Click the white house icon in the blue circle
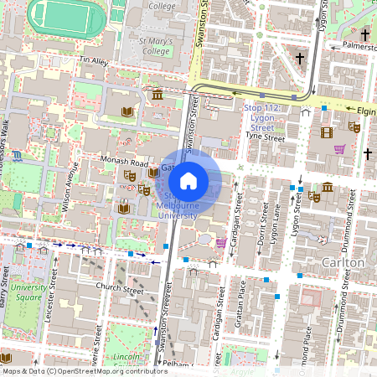click(x=188, y=180)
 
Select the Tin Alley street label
click(x=94, y=61)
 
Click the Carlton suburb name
click(x=343, y=262)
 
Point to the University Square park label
click(x=27, y=292)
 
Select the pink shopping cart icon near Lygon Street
click(x=340, y=149)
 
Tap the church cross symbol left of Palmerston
click(x=300, y=58)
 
